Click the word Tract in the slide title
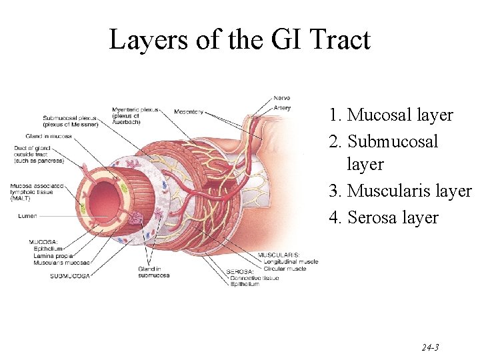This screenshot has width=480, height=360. pyautogui.click(x=339, y=40)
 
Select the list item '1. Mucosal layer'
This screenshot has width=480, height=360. pyautogui.click(x=391, y=115)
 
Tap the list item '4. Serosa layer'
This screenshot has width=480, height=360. pyautogui.click(x=383, y=217)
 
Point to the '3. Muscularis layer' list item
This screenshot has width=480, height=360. pyautogui.click(x=400, y=191)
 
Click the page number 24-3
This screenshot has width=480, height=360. pyautogui.click(x=430, y=347)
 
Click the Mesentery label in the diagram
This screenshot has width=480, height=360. pyautogui.click(x=189, y=111)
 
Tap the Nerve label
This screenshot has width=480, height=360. pyautogui.click(x=282, y=99)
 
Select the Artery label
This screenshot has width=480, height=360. pyautogui.click(x=282, y=106)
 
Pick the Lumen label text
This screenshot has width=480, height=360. pyautogui.click(x=28, y=216)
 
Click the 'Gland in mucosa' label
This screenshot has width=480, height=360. pyautogui.click(x=50, y=137)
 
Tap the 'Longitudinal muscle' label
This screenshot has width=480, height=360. pyautogui.click(x=288, y=262)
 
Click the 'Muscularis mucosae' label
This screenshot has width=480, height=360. pyautogui.click(x=61, y=263)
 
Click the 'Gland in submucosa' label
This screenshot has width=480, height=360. pyautogui.click(x=154, y=271)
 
